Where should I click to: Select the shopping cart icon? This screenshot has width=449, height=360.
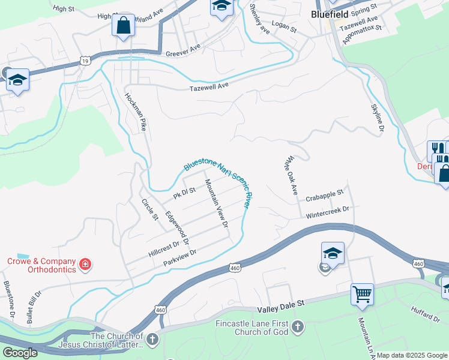[362, 294]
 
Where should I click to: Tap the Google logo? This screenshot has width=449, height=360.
[20, 352]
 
